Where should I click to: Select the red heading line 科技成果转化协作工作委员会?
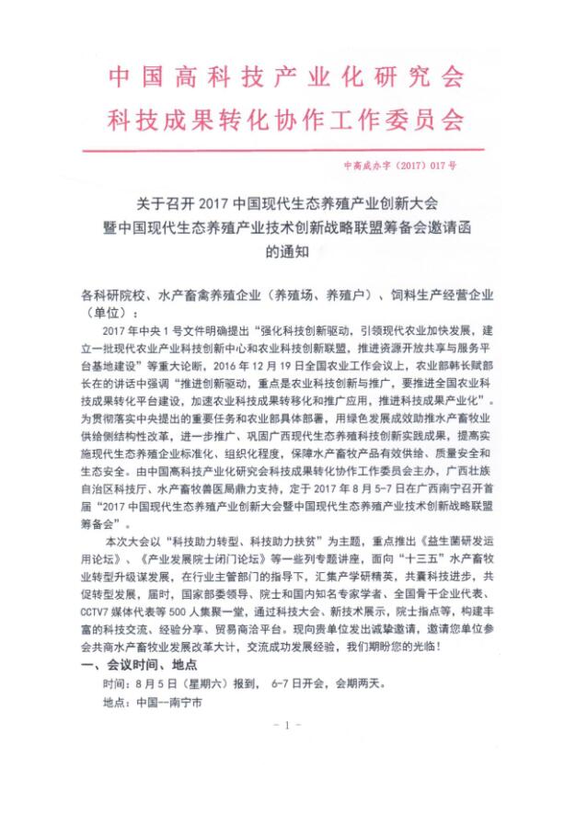click(x=282, y=121)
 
